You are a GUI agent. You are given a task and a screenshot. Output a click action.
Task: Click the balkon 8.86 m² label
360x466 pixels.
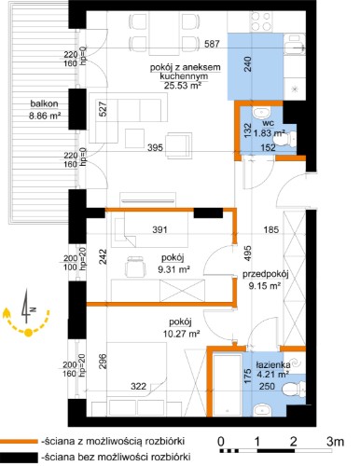pyautogui.click(x=44, y=110)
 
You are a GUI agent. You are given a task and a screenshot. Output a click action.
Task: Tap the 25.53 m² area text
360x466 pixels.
pyautogui.click(x=182, y=85)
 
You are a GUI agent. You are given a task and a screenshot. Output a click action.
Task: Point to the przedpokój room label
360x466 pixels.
pyautogui.click(x=266, y=274)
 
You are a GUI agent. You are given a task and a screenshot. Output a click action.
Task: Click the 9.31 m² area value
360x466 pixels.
pyautogui.click(x=173, y=269)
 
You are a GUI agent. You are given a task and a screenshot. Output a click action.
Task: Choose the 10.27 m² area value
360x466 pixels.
pyautogui.click(x=181, y=334)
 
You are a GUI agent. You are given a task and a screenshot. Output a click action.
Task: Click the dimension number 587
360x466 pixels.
pyautogui.click(x=212, y=44)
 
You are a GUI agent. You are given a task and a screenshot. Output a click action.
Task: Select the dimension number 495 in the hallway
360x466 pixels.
pyautogui.click(x=247, y=254)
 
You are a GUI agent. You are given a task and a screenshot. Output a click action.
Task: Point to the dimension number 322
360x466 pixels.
pyautogui.click(x=138, y=386)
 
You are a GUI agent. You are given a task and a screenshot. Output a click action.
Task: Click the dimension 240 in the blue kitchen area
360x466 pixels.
pyautogui.click(x=248, y=64)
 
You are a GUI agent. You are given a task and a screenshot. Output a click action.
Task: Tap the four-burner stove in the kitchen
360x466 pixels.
pyautogui.click(x=261, y=21)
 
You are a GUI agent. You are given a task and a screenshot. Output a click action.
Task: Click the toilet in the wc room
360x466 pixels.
pyautogui.click(x=288, y=139)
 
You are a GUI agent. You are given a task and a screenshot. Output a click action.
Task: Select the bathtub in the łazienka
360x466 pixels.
pyautogui.click(x=228, y=384)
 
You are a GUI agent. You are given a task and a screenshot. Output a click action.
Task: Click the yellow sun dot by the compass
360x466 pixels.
pyautogui.click(x=28, y=333)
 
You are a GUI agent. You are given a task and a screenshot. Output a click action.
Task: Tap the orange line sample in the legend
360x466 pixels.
pyautogui.click(x=19, y=441)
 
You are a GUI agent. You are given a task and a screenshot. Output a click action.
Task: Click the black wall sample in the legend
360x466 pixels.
pyautogui.click(x=19, y=457)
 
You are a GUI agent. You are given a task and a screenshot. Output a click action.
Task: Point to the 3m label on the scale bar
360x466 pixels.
pyautogui.click(x=335, y=442)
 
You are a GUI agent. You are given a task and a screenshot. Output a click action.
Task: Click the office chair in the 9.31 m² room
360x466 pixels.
pyautogui.click(x=135, y=267)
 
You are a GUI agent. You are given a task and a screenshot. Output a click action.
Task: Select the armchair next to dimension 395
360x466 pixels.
pyautogui.click(x=179, y=145)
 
